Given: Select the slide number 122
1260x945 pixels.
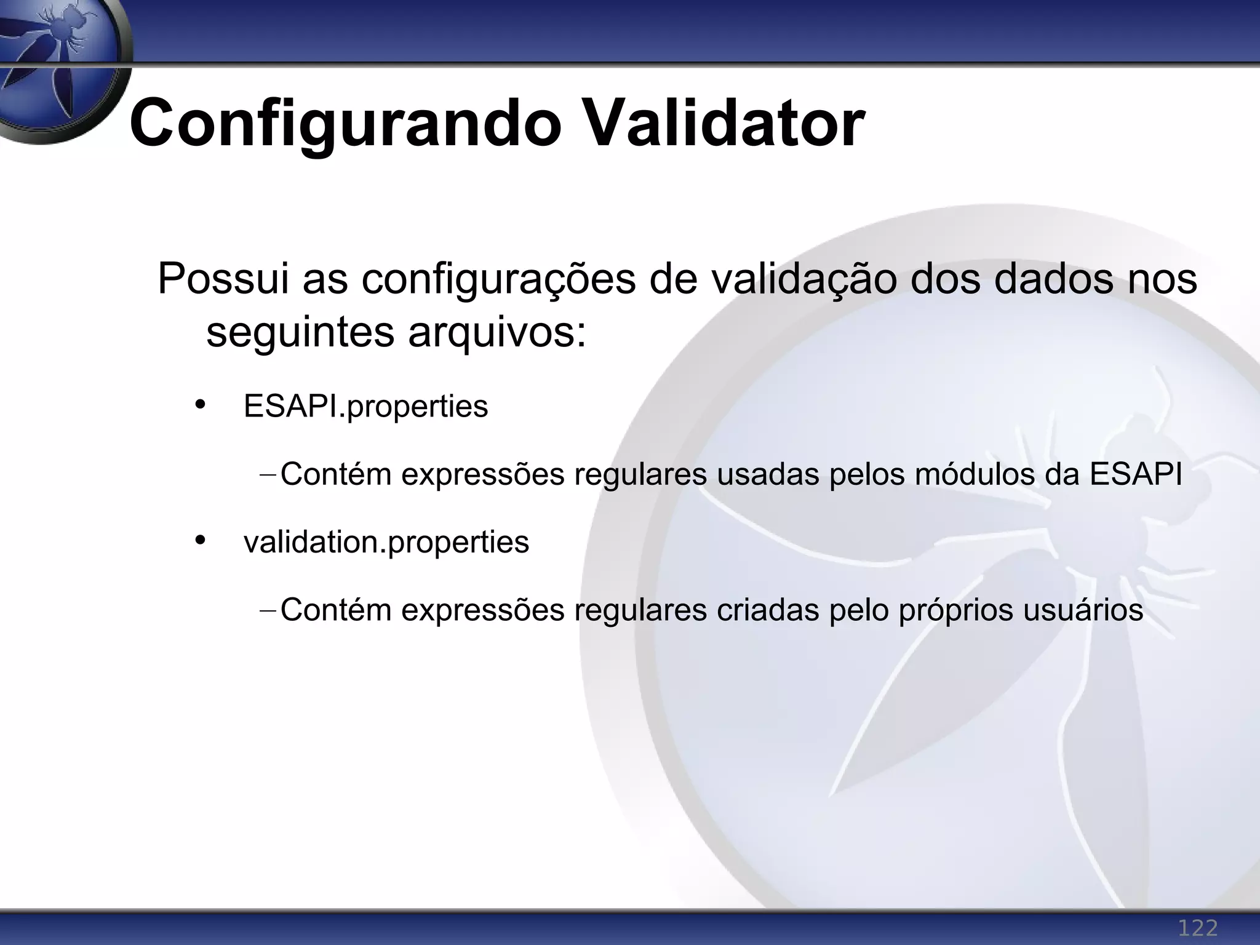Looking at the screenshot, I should point(1197,927).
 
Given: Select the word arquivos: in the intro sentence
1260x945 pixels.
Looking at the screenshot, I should point(497,333).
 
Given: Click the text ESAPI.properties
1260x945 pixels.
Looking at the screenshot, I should point(365,407).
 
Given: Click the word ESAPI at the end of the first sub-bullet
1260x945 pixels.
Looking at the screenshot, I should point(1136,474).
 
